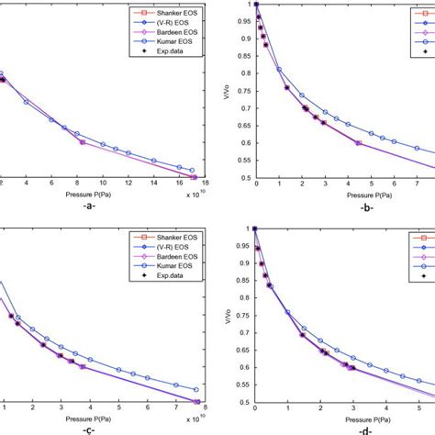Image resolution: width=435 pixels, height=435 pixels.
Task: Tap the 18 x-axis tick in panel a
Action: [204, 184]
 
